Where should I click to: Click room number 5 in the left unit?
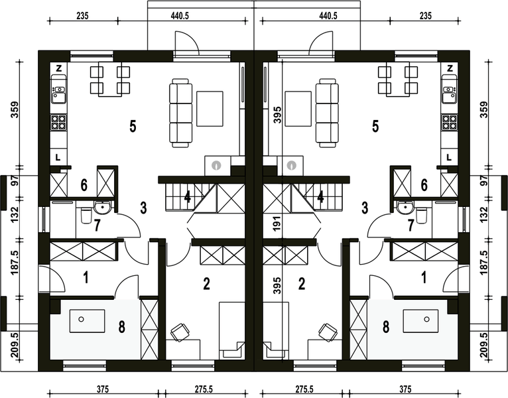133,126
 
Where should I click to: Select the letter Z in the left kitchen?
59,68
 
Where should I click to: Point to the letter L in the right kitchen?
449,157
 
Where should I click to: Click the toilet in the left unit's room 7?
84,216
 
